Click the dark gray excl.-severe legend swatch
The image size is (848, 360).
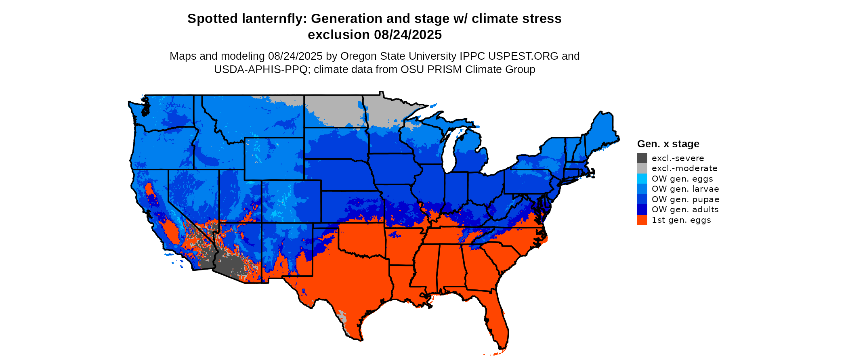pos(642,158)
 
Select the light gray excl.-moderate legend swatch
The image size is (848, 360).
pos(642,168)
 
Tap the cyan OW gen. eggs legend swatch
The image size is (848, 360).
pos(642,179)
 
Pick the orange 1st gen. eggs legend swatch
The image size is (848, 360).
pos(642,220)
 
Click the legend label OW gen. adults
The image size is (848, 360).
pos(685,209)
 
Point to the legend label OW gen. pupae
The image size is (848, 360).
pos(685,199)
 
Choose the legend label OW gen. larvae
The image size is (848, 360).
pos(685,189)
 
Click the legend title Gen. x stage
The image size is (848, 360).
pos(668,144)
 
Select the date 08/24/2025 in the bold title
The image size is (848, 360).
pos(408,35)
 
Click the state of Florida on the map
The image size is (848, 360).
pos(497,319)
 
